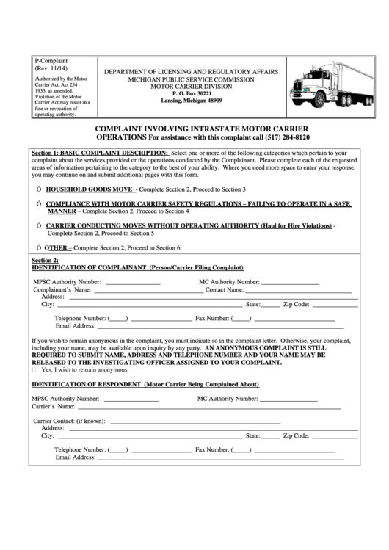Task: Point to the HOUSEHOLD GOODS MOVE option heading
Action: [90, 189]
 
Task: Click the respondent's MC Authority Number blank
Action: [288, 399]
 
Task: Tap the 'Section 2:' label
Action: [45, 261]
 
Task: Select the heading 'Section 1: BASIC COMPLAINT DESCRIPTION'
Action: [100, 153]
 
